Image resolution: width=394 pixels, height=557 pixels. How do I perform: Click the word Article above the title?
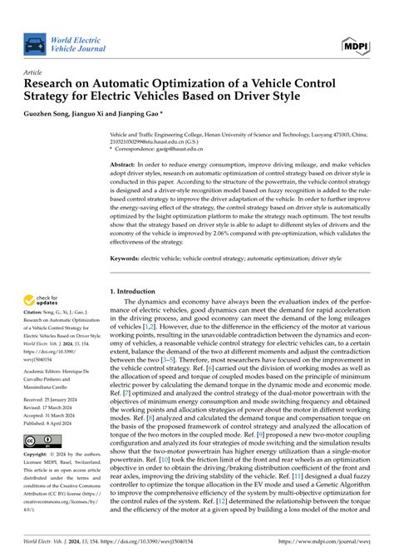(34, 72)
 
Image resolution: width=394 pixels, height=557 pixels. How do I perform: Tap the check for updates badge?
(48, 299)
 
